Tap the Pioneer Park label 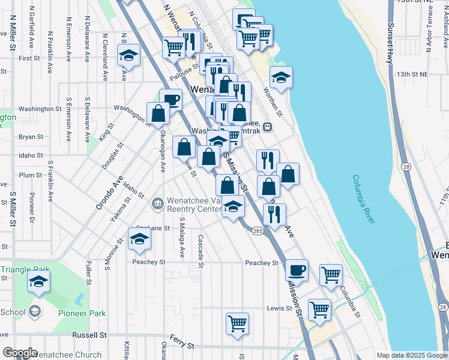tap(82, 313)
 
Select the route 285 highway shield tap(257, 230)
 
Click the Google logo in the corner tap(19, 353)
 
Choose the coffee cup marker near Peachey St tap(296, 270)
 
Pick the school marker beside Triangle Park tap(39, 282)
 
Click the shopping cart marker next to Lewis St tap(320, 310)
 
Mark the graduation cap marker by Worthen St tap(280, 77)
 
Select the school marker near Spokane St tap(139, 239)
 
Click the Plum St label tap(31, 175)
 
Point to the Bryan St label tap(31, 137)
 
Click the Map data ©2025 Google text tap(411, 355)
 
